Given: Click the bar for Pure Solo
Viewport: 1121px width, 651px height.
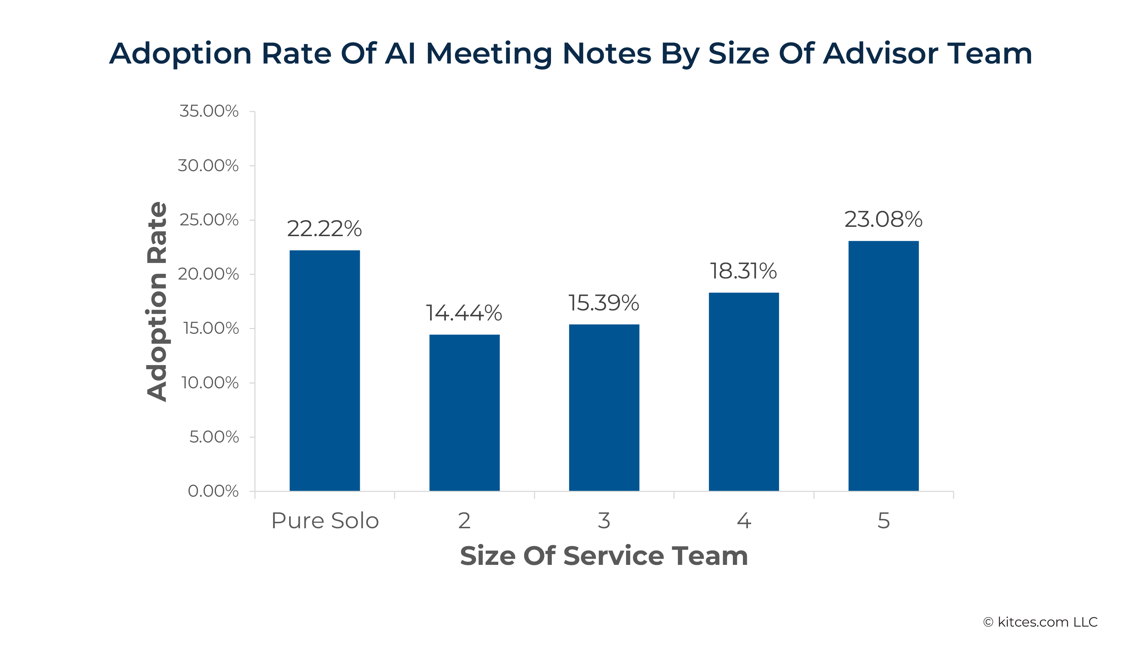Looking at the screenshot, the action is click(x=325, y=371).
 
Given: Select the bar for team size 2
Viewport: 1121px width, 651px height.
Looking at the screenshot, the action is click(x=465, y=413).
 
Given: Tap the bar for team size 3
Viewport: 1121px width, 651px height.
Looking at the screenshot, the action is click(x=604, y=408).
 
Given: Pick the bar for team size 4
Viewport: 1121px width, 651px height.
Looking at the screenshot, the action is click(x=744, y=392).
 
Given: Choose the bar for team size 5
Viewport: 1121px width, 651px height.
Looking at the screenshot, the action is click(x=884, y=366).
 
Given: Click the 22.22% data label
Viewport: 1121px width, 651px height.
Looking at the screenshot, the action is click(x=324, y=229).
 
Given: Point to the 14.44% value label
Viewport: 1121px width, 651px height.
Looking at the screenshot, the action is click(x=464, y=313).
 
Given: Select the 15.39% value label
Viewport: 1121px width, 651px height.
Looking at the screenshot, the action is click(x=604, y=303).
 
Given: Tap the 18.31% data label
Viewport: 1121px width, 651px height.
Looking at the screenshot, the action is click(x=743, y=271).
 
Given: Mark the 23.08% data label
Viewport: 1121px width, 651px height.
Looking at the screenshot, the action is click(x=884, y=219).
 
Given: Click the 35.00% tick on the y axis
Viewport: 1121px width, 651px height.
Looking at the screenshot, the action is click(x=209, y=111).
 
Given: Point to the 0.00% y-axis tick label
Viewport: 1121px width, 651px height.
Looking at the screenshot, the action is click(x=213, y=491).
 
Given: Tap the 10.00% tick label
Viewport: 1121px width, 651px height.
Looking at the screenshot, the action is click(x=210, y=383).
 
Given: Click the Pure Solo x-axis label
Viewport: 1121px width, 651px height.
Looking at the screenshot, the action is click(x=325, y=521).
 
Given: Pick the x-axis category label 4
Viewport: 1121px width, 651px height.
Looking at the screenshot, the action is click(x=744, y=521).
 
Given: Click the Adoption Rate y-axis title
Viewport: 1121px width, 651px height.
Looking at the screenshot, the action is click(x=157, y=302).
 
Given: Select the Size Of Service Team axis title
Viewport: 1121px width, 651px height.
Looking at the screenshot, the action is click(x=604, y=556).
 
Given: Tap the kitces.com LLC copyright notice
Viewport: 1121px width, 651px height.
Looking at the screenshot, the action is click(x=1041, y=622).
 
